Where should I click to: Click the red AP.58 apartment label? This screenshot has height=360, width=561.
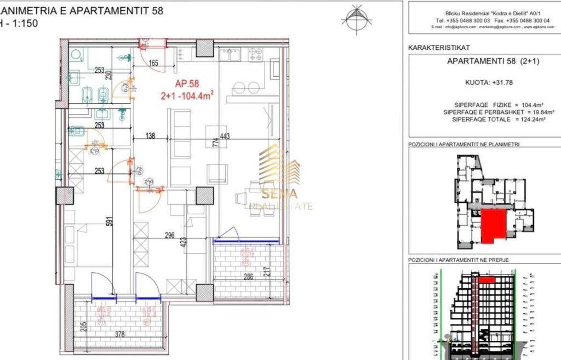(x=186, y=84)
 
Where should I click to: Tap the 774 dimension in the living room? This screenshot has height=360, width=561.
(x=216, y=144)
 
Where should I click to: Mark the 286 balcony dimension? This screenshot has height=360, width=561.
(x=248, y=277)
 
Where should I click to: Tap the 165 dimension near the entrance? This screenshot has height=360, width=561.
(x=153, y=64)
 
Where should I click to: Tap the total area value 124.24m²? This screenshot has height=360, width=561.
(x=524, y=119)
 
